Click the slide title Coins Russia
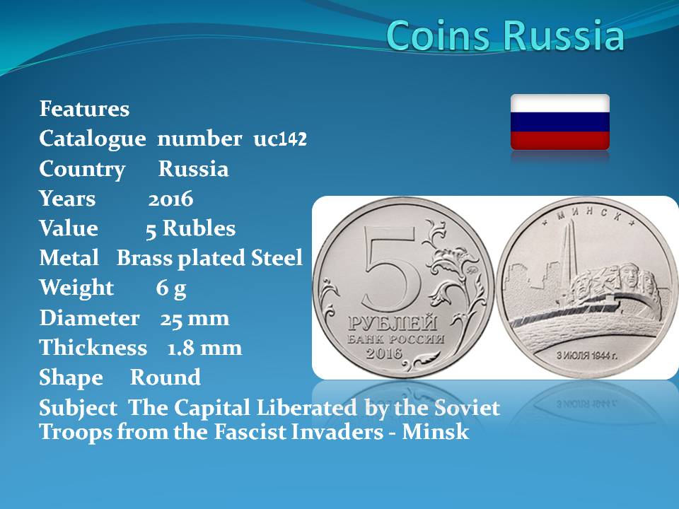coord(505,35)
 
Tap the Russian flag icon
coord(560,122)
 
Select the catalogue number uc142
coord(280,139)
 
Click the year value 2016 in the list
coord(170,199)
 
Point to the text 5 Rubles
coord(190,228)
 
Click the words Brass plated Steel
coord(209,258)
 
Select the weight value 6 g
coord(171,288)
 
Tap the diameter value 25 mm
coord(195,319)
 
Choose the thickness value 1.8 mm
coord(205,349)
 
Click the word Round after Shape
coord(166,378)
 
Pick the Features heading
coord(84,109)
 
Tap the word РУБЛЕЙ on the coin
coord(393,323)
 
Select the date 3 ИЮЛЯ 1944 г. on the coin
coord(587,356)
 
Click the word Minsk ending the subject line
coord(435,432)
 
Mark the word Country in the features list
coord(82,170)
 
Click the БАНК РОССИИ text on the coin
coord(396,339)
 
